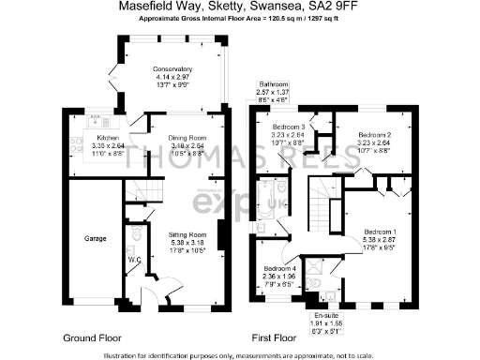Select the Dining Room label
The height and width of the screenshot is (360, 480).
click(187, 137)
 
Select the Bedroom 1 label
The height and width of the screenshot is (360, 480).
click(380, 232)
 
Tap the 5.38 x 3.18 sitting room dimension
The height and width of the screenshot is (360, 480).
click(187, 241)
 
